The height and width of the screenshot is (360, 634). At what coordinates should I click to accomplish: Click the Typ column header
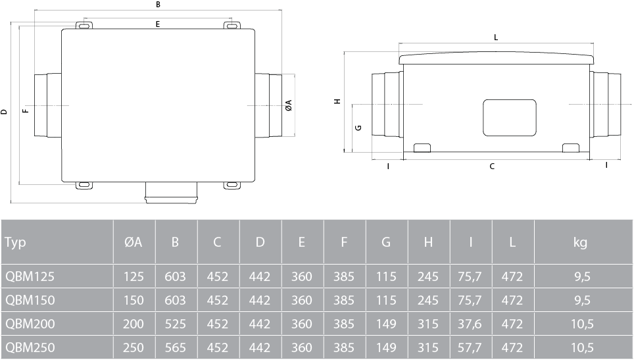[x=15, y=243]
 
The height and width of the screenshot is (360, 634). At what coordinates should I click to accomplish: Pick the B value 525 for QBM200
[x=175, y=323]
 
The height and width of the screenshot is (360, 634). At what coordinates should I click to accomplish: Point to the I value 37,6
[x=470, y=323]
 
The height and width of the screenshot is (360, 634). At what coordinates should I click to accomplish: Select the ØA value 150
[x=134, y=300]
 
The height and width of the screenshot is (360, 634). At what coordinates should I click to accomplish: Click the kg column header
[x=579, y=243]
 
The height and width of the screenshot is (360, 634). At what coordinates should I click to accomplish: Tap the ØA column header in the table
[x=134, y=243]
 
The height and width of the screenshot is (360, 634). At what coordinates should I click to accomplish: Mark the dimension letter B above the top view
[x=158, y=5]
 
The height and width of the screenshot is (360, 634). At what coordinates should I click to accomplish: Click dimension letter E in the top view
[x=158, y=24]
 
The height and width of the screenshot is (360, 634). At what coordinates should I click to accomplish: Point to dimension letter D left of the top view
[x=4, y=112]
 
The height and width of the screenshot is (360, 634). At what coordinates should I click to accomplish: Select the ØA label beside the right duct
[x=288, y=105]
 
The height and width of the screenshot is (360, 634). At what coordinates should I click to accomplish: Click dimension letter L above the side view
[x=495, y=38]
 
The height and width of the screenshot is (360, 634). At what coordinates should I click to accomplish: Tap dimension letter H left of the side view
[x=337, y=102]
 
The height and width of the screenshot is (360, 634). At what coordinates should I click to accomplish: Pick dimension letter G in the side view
[x=358, y=128]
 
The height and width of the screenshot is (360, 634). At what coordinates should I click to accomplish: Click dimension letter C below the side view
[x=493, y=167]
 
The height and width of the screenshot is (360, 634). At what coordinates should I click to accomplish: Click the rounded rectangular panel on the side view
[x=510, y=117]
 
